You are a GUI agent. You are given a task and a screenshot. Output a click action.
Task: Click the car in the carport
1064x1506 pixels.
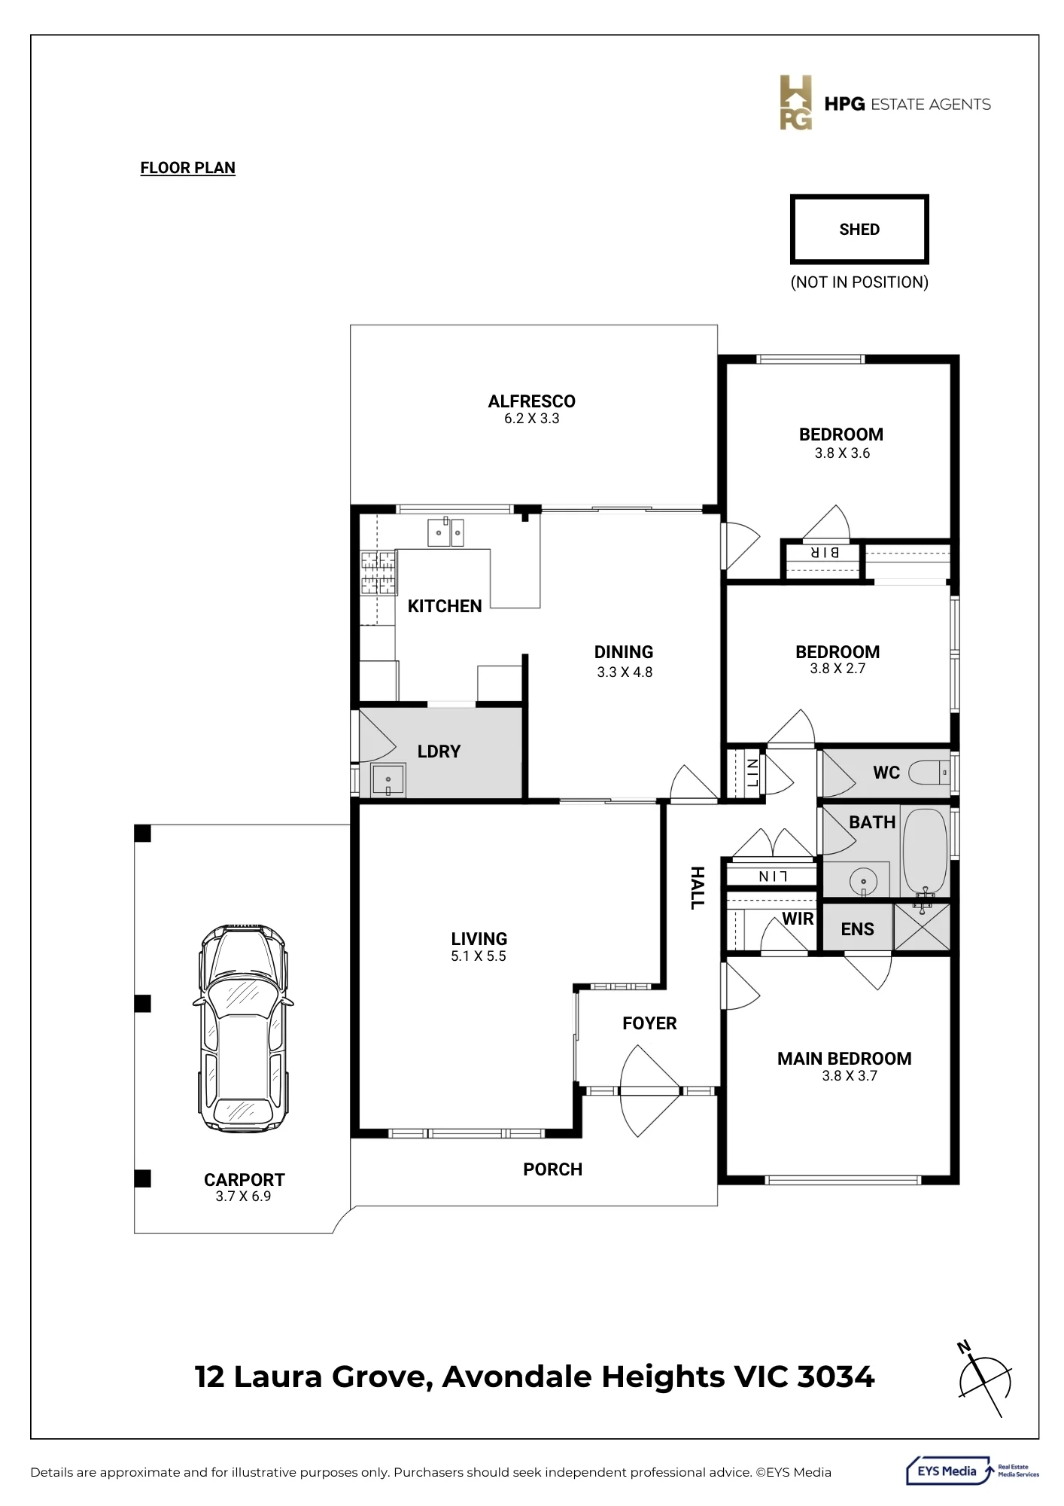coord(243,1029)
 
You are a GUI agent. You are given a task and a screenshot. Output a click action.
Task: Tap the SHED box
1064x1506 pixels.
coord(859,230)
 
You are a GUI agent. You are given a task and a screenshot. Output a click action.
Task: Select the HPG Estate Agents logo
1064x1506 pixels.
coord(885,103)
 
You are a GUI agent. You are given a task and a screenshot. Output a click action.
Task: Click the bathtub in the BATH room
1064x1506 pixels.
coord(925,852)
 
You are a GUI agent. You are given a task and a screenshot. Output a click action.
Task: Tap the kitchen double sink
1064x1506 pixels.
coord(445,532)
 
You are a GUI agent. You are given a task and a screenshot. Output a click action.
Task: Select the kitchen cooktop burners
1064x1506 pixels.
coord(378,572)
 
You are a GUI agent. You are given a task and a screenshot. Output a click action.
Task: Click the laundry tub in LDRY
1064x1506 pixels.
coord(388,780)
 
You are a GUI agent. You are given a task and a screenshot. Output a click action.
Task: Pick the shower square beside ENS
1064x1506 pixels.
coord(922,927)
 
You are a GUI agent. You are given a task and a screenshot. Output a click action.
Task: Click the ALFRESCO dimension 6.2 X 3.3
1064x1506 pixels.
coord(532,419)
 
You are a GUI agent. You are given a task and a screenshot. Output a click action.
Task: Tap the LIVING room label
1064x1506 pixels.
coord(479,939)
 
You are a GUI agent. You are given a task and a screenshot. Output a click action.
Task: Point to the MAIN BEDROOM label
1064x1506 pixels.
coord(844,1059)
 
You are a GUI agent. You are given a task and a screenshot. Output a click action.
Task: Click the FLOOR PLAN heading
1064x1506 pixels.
coord(188,168)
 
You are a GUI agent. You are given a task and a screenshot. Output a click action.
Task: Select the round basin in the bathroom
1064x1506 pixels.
coord(864,881)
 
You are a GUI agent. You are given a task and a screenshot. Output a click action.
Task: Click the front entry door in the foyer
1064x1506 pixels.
coord(650,1090)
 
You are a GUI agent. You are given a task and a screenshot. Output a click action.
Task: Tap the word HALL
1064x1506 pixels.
coord(698,888)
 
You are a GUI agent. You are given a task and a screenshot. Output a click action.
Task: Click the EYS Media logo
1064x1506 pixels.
coord(973,1471)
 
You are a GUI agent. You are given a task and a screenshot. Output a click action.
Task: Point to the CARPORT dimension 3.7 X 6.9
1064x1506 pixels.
coord(243,1197)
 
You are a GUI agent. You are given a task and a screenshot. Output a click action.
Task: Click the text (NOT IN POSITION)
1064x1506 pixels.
coord(859,282)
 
